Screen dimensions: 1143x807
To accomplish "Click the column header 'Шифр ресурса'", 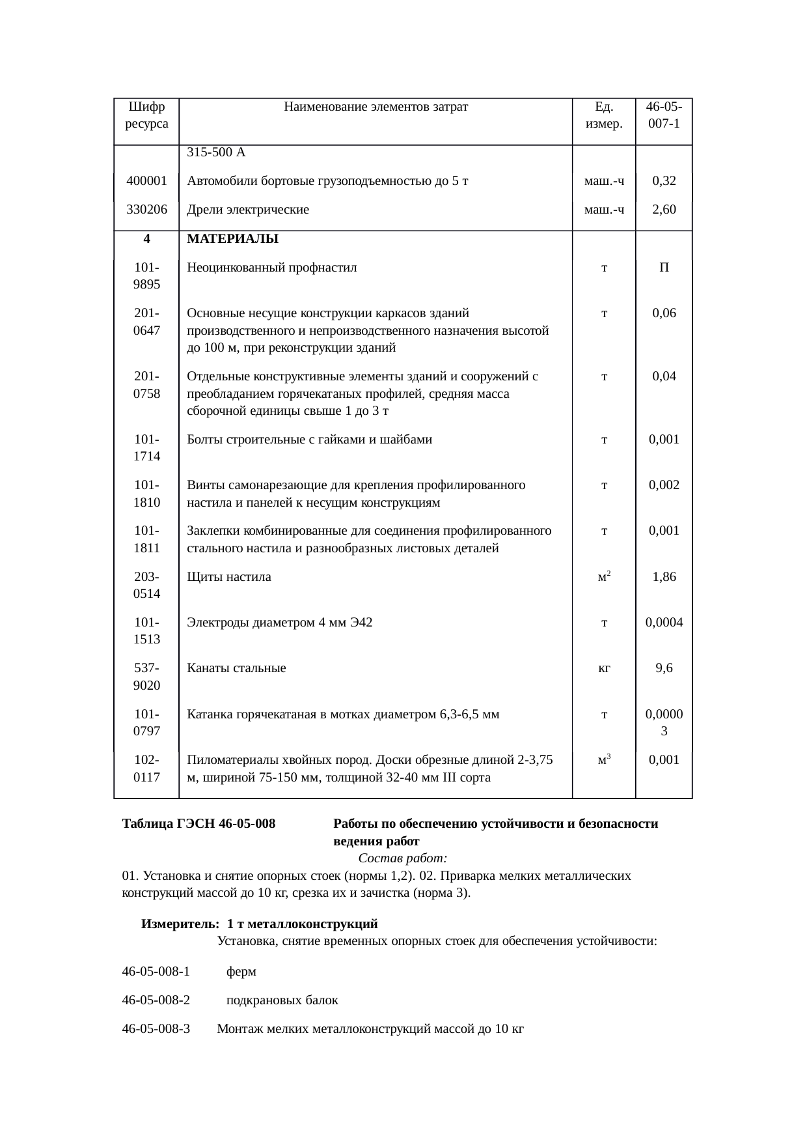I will click(x=146, y=115).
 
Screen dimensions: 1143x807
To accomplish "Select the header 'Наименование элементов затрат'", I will click(x=376, y=106).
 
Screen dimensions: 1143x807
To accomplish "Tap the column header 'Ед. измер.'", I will click(x=604, y=115).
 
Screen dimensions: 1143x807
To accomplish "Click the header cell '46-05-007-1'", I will click(x=664, y=115).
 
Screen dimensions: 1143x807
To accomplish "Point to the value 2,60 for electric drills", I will click(x=664, y=209).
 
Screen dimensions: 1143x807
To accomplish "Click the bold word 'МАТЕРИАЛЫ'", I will click(x=232, y=239).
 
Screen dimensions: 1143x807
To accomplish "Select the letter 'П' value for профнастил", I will click(x=664, y=268).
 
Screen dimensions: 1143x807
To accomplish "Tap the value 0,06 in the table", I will click(x=664, y=313).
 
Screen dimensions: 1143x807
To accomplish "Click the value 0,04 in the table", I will click(x=664, y=376).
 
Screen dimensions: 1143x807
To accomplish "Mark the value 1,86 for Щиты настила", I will click(x=664, y=576).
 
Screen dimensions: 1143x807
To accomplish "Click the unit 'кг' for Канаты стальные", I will click(x=604, y=668).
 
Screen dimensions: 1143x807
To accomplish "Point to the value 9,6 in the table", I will click(x=664, y=668).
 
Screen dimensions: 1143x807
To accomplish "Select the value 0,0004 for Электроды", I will click(x=664, y=623).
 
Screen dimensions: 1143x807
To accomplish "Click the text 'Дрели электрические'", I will click(x=248, y=210).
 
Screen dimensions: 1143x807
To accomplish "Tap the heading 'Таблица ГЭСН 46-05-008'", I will click(x=198, y=824).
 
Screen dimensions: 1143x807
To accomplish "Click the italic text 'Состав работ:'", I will click(x=402, y=858).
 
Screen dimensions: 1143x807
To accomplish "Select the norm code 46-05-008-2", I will click(x=156, y=1000).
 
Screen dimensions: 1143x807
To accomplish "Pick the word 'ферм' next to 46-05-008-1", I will click(x=241, y=972).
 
